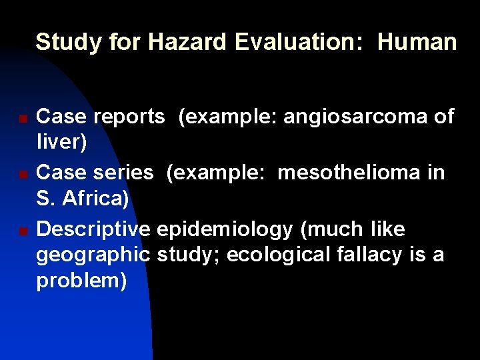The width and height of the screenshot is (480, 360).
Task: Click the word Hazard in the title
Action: (x=188, y=42)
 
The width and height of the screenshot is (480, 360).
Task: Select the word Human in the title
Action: (x=417, y=42)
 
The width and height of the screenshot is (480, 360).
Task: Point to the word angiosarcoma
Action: (x=357, y=117)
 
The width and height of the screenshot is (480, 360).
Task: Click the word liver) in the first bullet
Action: (x=61, y=143)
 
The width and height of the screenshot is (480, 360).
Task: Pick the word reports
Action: (x=129, y=117)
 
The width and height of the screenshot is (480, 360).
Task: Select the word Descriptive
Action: (x=93, y=229)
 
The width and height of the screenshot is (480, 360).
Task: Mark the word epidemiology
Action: (x=225, y=229)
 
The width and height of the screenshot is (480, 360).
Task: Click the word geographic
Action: (x=93, y=255)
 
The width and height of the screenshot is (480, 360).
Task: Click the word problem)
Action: (x=81, y=281)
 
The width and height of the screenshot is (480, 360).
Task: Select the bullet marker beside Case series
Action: (x=23, y=175)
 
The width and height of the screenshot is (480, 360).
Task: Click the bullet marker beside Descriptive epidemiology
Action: (x=23, y=232)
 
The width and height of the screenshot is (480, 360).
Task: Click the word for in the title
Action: (x=124, y=42)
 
